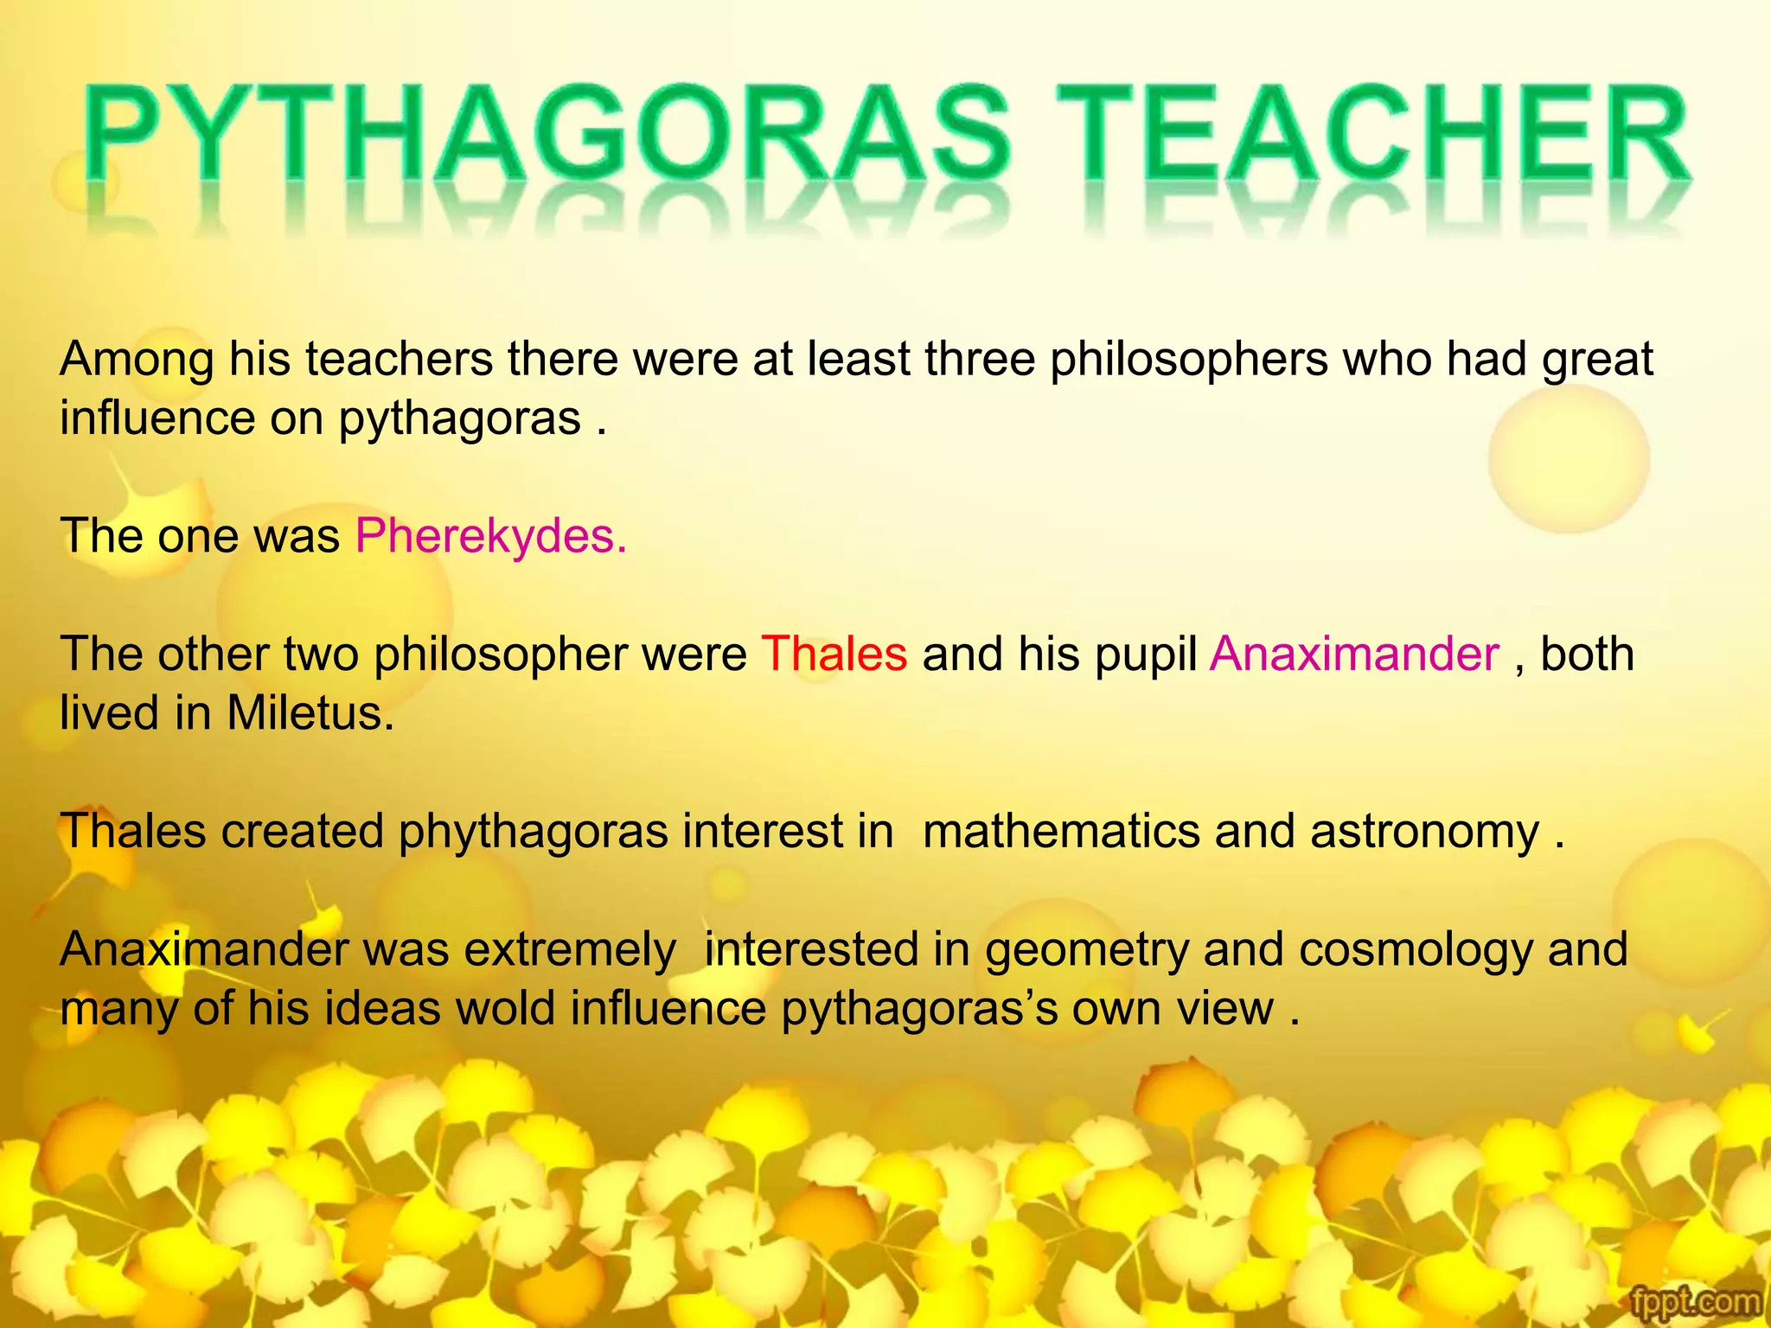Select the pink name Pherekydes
tap(490, 536)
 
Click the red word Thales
tap(834, 654)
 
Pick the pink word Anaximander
tap(1354, 654)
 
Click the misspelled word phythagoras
tap(533, 832)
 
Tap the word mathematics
tap(1060, 832)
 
